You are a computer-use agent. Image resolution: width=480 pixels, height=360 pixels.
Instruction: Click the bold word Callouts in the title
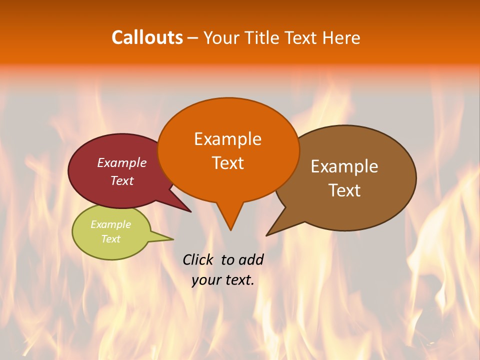tap(147, 37)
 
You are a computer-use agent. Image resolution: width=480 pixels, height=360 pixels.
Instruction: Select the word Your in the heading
tap(221, 37)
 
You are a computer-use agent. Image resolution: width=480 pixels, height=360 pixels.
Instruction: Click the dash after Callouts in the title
tap(193, 38)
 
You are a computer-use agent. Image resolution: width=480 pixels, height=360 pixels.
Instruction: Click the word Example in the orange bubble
tap(227, 139)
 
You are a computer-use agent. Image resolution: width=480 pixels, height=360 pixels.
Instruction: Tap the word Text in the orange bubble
tap(227, 163)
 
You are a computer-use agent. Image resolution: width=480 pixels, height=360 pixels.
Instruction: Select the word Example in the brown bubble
tap(344, 166)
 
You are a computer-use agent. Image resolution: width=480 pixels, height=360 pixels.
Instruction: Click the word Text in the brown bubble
tap(344, 190)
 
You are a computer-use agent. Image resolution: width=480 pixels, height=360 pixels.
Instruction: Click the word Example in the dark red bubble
tap(122, 163)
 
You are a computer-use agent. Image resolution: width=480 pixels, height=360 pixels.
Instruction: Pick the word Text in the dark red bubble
tap(122, 181)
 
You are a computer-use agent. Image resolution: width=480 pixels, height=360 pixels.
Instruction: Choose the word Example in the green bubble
tap(111, 224)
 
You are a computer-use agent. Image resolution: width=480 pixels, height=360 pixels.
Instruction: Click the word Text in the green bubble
tap(111, 239)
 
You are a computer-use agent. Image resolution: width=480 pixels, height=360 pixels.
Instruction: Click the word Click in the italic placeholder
tap(198, 259)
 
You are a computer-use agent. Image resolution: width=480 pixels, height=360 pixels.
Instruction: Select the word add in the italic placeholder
tap(251, 259)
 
